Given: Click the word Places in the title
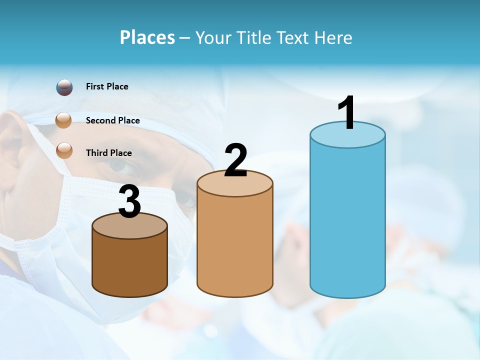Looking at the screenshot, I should click(x=147, y=37).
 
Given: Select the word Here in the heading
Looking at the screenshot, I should click(x=334, y=38).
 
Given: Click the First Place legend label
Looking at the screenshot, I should click(x=107, y=86).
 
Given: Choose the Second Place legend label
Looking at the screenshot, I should click(x=112, y=120).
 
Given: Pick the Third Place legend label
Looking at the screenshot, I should click(x=108, y=153).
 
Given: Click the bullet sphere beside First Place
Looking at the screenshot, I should click(x=64, y=87).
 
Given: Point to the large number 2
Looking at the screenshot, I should click(x=235, y=160).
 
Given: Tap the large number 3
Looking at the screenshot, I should click(x=130, y=201).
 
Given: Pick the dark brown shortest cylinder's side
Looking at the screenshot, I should click(x=130, y=265).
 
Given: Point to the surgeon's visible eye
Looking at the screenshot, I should click(x=120, y=165).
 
